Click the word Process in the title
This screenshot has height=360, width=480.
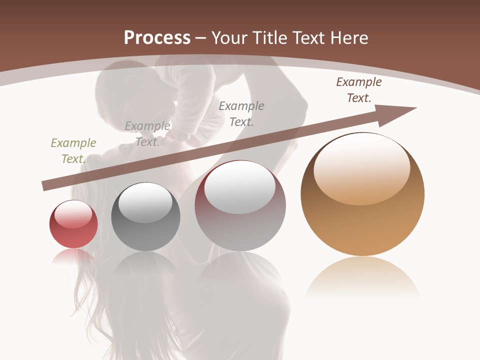[x=157, y=38]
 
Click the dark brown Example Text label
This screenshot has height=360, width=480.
[x=358, y=90]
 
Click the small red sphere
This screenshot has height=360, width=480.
[x=73, y=224]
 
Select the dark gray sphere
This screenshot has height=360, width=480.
[x=145, y=217]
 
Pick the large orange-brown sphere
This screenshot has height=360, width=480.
[x=362, y=195]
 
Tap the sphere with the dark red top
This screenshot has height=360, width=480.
[x=240, y=206]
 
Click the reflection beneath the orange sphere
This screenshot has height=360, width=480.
[x=362, y=277]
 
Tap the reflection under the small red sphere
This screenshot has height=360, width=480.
[x=73, y=256]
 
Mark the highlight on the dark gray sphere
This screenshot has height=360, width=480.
[x=145, y=202]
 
